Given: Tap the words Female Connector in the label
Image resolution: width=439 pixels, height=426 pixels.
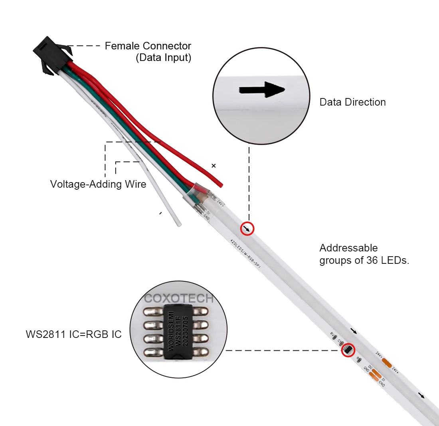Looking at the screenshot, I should click(x=148, y=46).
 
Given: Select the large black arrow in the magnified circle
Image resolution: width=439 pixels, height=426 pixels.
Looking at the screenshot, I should click(x=262, y=90).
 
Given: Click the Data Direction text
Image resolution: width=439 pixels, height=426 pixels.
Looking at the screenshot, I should click(x=352, y=102).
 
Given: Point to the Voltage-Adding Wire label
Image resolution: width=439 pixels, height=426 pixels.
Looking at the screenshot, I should click(x=98, y=185).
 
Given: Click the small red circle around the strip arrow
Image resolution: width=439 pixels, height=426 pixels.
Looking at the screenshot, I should click(x=247, y=228).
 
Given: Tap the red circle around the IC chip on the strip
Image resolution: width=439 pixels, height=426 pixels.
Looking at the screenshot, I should click(x=348, y=350).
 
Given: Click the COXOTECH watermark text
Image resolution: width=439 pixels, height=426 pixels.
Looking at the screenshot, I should click(x=179, y=298).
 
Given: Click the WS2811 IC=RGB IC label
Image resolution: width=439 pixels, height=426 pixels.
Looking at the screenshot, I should click(x=74, y=334).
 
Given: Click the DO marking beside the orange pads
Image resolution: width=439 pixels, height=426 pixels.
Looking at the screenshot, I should click(x=370, y=367).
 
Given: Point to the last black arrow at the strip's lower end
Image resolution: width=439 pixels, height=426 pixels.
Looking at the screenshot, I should click(x=421, y=395).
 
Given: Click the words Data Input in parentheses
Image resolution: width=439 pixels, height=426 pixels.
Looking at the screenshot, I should click(x=164, y=58).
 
